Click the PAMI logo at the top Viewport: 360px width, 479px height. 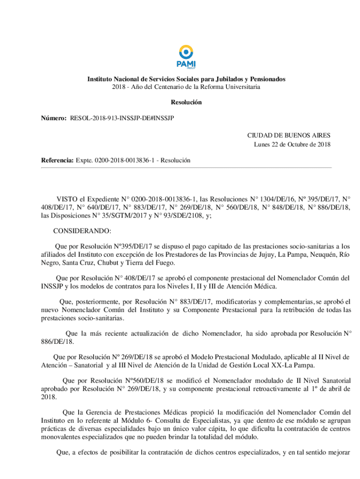(x=186, y=57)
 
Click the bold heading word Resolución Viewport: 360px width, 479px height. (x=186, y=102)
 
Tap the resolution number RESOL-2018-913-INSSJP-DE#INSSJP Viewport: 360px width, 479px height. (x=122, y=119)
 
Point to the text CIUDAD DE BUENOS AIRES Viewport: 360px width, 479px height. (x=289, y=135)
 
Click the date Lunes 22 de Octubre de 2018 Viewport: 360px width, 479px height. (x=292, y=144)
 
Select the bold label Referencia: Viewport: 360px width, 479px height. (x=57, y=160)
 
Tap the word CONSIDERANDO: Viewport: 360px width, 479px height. (x=82, y=231)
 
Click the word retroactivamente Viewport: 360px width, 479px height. (x=263, y=389)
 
